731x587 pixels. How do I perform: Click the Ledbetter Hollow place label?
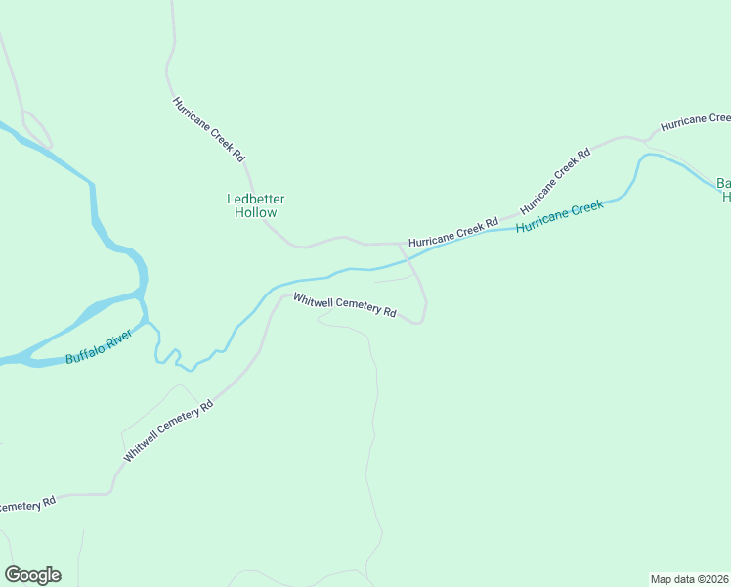pos(255,205)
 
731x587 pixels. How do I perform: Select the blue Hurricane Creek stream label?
pos(560,214)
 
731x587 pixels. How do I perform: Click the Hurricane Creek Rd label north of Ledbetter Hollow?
pos(208,129)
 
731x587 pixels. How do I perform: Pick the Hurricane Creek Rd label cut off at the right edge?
pos(695,122)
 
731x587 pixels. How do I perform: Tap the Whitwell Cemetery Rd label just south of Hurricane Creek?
pos(345,305)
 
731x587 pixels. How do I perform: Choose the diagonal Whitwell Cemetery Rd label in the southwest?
pos(168,431)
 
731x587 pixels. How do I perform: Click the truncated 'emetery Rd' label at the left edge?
pos(28,504)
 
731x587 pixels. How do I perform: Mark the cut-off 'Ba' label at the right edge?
pos(723,190)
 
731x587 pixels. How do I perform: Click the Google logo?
pos(32,575)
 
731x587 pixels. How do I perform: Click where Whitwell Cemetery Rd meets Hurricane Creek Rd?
pos(400,244)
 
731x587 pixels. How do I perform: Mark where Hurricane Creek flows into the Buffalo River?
pos(148,322)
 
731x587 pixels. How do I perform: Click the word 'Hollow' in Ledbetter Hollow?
pos(255,212)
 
